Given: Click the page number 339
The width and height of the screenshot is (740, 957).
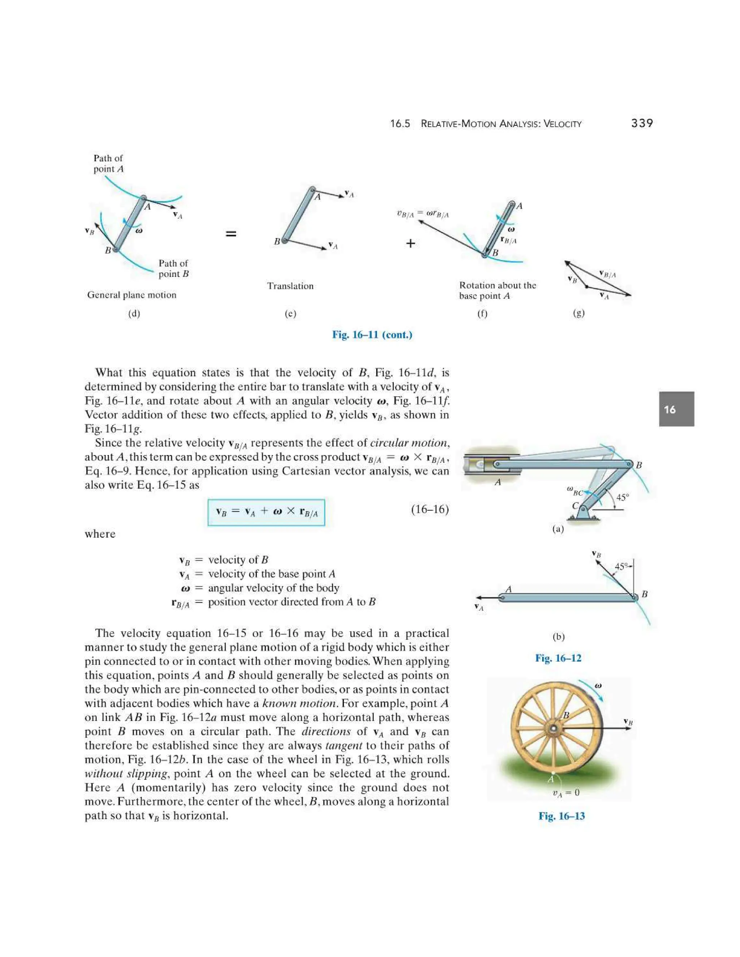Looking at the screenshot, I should coord(642,123).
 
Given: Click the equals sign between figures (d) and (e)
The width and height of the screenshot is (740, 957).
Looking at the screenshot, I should coord(231,234).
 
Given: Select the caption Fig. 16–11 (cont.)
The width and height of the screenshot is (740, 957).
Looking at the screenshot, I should coord(372,335).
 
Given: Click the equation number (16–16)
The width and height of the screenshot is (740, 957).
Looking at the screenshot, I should coord(429,509).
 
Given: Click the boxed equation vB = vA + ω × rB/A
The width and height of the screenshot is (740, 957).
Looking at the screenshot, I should coord(266,512).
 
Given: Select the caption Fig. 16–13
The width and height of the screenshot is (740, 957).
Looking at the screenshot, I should coord(561,816).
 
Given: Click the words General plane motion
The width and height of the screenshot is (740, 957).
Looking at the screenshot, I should coord(132,295).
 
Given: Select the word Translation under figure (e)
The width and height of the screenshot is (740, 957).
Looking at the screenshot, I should coord(290,286).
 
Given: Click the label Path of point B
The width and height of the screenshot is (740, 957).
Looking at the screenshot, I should coord(173,268).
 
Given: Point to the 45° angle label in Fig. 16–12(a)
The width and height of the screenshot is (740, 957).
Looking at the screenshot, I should coord(623,497).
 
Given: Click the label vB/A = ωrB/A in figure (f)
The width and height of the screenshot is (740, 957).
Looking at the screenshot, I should coord(423,214).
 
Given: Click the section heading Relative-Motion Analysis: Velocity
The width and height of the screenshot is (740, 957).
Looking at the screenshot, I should coord(501,124).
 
